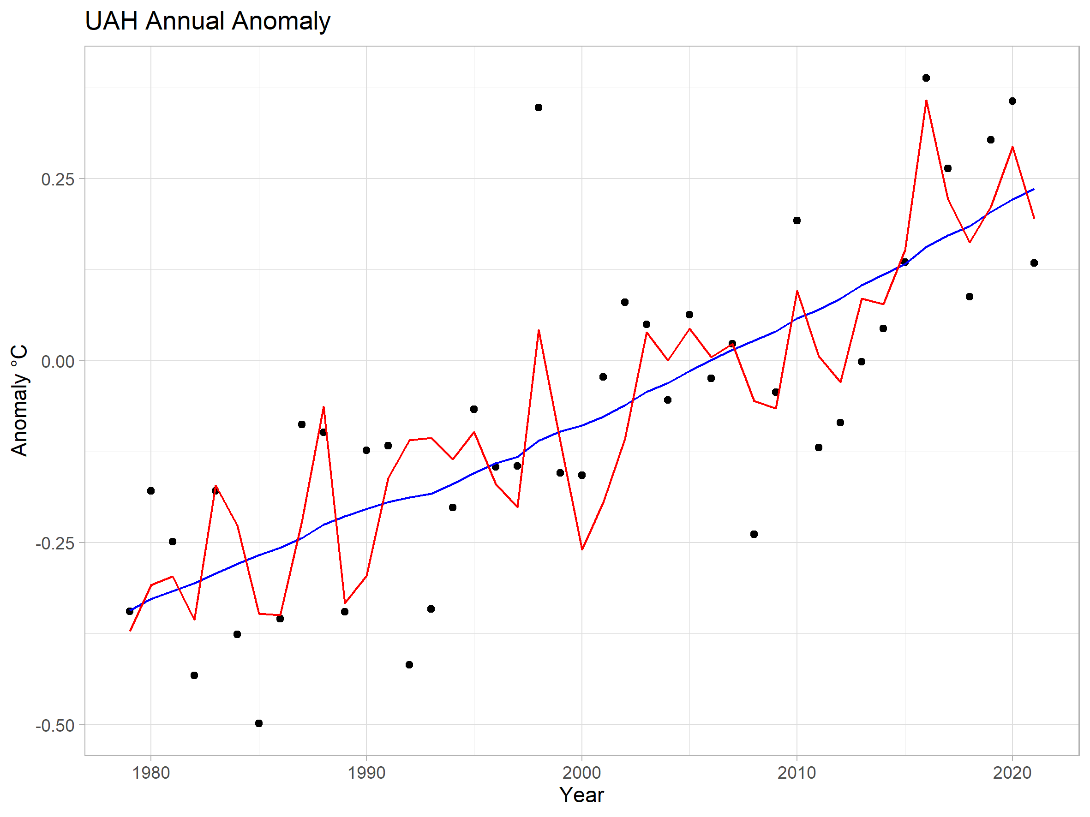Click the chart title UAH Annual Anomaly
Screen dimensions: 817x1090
[x=208, y=21]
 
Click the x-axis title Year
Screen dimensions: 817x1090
[x=581, y=795]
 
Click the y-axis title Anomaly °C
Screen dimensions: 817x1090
[x=20, y=400]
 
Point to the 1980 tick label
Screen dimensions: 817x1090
[x=151, y=773]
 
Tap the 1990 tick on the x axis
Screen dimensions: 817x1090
[x=366, y=773]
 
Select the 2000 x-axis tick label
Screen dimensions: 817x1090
[x=581, y=773]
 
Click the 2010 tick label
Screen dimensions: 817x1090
[x=797, y=773]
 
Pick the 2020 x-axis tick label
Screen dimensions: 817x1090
[x=1012, y=773]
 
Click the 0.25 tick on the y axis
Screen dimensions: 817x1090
[x=58, y=179]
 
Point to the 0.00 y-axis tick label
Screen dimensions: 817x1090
[x=58, y=362]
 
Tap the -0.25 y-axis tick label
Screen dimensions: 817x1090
[x=55, y=543]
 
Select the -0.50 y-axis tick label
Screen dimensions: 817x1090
[x=55, y=725]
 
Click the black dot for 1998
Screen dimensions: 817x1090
[x=539, y=107]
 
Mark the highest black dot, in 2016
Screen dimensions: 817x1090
[x=926, y=78]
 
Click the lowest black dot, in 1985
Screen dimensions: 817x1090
[x=259, y=723]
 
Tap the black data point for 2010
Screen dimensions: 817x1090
[x=797, y=220]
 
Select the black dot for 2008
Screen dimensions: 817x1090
[x=754, y=534]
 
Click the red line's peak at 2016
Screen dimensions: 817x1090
[x=926, y=101]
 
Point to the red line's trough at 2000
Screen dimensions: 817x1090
[x=582, y=549]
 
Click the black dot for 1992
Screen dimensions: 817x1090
[x=409, y=664]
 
